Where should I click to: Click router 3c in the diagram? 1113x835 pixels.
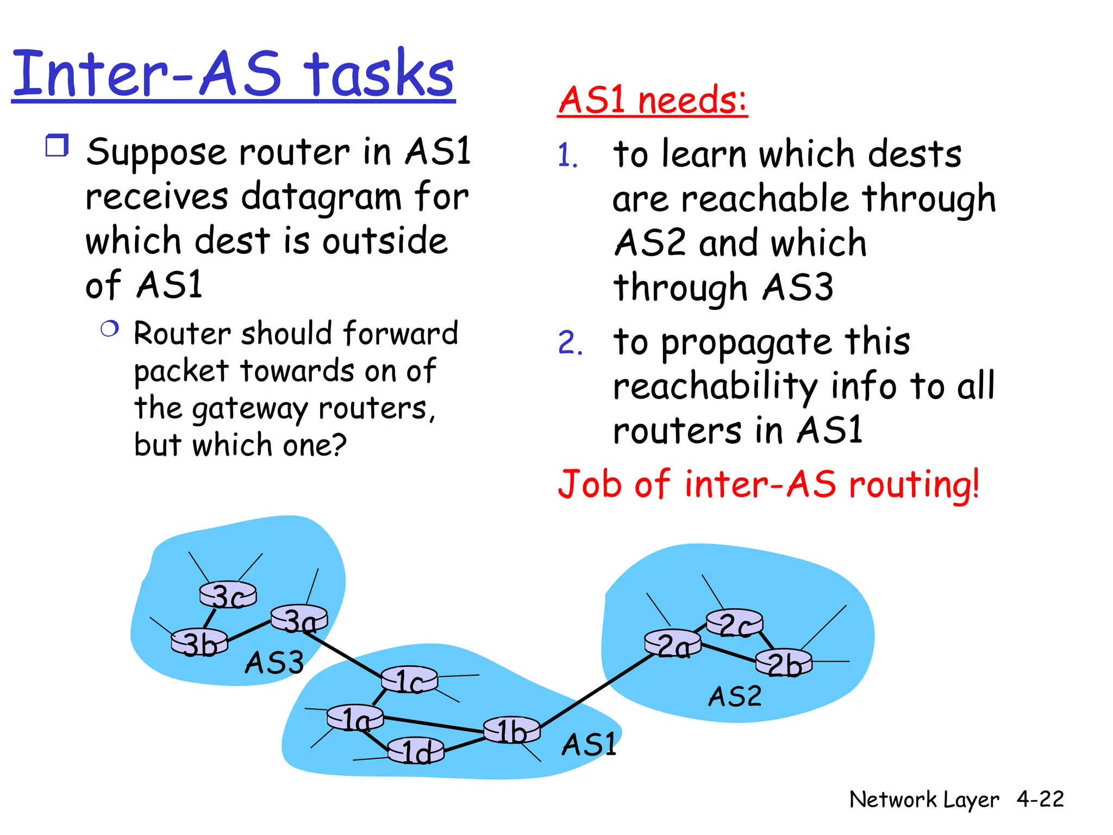tap(228, 595)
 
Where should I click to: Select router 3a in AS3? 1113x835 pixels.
tap(299, 619)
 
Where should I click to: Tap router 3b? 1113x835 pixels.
tap(199, 643)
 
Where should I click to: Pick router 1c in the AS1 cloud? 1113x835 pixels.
tap(409, 680)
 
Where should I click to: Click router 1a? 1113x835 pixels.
tap(355, 719)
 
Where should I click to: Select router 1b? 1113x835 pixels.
tap(511, 730)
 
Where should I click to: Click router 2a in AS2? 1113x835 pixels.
tap(673, 645)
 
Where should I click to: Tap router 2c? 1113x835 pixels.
tap(734, 624)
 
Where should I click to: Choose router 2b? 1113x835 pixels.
tap(784, 663)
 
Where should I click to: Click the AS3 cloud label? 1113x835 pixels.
tap(274, 663)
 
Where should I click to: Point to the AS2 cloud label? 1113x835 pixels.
tap(735, 696)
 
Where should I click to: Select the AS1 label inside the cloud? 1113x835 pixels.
tap(589, 744)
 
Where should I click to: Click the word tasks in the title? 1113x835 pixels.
tap(378, 74)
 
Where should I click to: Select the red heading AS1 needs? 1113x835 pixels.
tap(652, 100)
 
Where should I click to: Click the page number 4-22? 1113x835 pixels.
tap(1040, 799)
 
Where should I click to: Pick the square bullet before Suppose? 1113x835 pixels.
tap(57, 146)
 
